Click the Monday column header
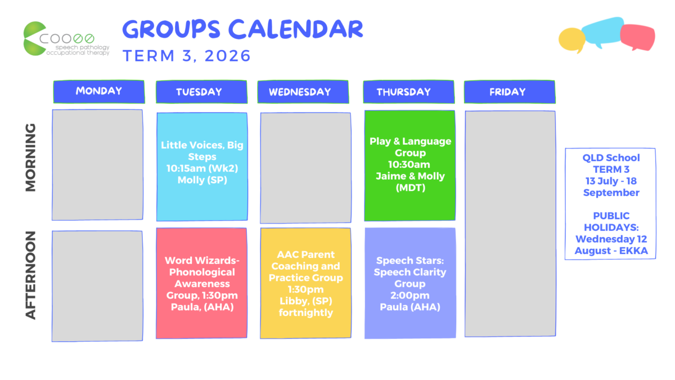tap(99, 92)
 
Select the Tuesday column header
tap(201, 92)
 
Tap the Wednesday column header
tap(303, 92)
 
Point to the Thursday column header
tap(408, 92)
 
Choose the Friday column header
tap(510, 92)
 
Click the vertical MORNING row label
tap(30, 158)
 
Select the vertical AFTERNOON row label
tap(30, 275)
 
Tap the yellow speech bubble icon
tap(571, 40)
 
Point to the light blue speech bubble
tap(602, 32)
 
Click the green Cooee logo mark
tap(35, 39)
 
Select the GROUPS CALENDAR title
tap(243, 29)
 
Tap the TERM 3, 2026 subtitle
tap(187, 56)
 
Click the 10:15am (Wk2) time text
tap(202, 168)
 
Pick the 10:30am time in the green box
tap(409, 164)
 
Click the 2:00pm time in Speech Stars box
tap(410, 295)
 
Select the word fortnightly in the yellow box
tap(306, 313)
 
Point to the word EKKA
tap(633, 251)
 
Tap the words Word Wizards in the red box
tap(201, 260)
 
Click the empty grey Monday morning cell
tap(97, 164)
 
